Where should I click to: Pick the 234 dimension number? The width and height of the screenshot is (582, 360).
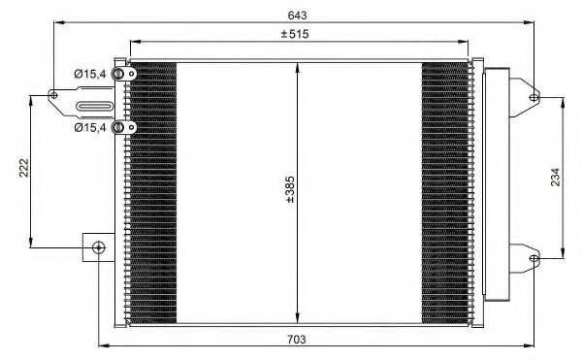556,177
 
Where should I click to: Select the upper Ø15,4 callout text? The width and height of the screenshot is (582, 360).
91,73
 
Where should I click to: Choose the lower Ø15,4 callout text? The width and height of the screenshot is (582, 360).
91,126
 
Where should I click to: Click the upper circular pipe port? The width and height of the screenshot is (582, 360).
119,75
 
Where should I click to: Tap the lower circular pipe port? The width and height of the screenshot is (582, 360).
119,126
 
